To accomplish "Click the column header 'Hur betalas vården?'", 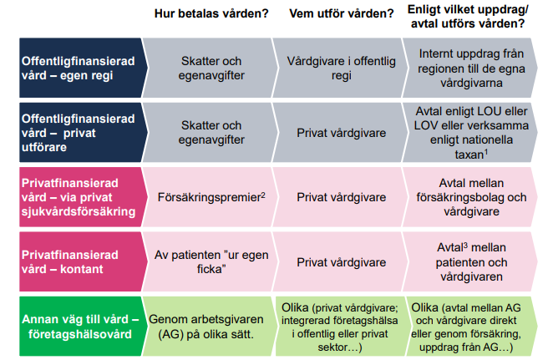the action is pos(211,13).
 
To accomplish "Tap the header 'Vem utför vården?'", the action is pos(341,13).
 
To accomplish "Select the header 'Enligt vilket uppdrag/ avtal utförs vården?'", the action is pos(468,17).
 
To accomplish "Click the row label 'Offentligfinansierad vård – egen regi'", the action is pos(78,68).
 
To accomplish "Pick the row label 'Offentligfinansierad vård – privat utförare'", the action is pos(78,133).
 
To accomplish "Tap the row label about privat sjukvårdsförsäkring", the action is pos(79,197).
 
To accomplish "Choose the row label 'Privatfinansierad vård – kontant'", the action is pos(70,262).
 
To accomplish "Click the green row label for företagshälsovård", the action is pos(80,327).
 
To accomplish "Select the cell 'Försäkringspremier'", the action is pos(209,197).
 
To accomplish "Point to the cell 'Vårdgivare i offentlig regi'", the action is pos(341,68).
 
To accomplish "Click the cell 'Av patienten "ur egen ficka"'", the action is pos(211,262).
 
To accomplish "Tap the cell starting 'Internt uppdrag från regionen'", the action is pos(471,68).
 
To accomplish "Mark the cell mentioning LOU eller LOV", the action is pos(471,133).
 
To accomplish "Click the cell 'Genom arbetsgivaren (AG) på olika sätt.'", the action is pos(206,327).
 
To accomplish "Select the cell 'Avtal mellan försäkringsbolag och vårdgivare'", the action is pos(471,197).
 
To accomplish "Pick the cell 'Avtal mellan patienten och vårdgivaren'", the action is pos(471,262).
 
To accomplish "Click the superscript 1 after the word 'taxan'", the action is pos(486,152).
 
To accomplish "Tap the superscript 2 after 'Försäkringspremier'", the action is pos(263,195).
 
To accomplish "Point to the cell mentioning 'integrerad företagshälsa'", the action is pos(340,327).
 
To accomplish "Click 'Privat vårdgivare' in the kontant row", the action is pos(341,262).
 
